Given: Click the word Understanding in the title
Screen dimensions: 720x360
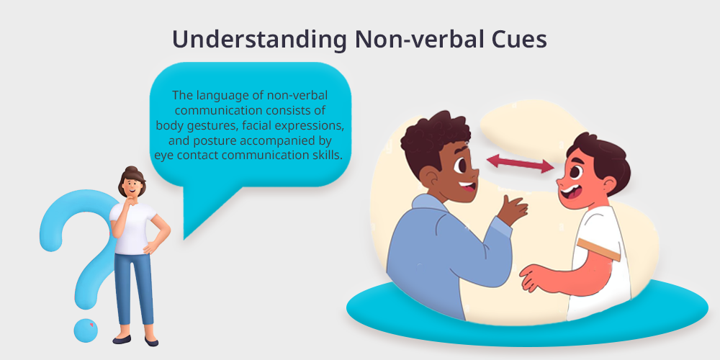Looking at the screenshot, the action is click(259, 40).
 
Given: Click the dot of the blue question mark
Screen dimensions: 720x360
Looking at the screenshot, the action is click(86, 330).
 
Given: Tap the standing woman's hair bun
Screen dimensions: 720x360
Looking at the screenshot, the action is click(132, 170).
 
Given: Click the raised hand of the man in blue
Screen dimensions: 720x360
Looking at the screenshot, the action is click(513, 210).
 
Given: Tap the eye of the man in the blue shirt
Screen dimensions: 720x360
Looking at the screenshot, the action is click(460, 165).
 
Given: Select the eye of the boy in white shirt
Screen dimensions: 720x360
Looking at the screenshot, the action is click(575, 172).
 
